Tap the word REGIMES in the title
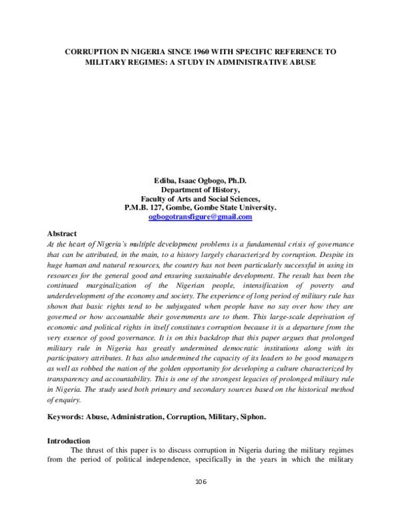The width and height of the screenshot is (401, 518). pos(150,62)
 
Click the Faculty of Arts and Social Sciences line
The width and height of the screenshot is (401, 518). pos(200,198)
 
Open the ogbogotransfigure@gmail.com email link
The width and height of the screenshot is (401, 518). pos(200,217)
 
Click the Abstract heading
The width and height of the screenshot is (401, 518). pos(61,234)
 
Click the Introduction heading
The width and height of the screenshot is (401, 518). pos(68,441)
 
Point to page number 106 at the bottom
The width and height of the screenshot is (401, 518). pos(200,481)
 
